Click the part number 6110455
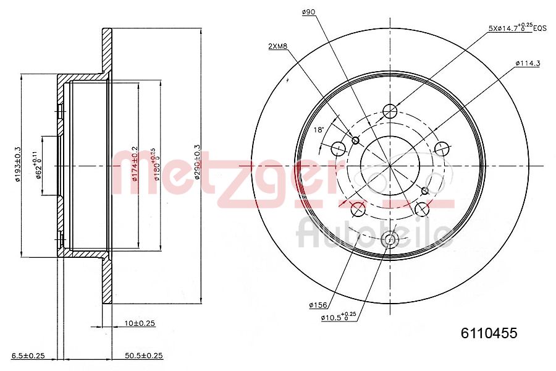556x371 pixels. pyautogui.click(x=489, y=333)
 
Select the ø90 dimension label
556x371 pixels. pyautogui.click(x=309, y=11)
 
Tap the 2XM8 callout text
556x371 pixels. pyautogui.click(x=277, y=46)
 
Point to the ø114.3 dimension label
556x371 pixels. pyautogui.click(x=528, y=63)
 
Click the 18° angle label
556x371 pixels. pyautogui.click(x=318, y=129)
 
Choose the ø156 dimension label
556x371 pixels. pyautogui.click(x=318, y=305)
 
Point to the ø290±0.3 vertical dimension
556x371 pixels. pyautogui.click(x=197, y=161)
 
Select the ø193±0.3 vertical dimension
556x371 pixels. pyautogui.click(x=18, y=164)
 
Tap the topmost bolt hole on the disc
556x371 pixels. pyautogui.click(x=389, y=111)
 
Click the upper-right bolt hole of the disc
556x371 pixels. pyautogui.click(x=441, y=148)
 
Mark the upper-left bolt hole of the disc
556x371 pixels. pyautogui.click(x=339, y=148)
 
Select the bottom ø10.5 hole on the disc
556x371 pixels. pyautogui.click(x=389, y=241)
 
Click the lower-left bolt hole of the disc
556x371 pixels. pyautogui.click(x=358, y=210)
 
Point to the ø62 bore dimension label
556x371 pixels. pyautogui.click(x=37, y=166)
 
